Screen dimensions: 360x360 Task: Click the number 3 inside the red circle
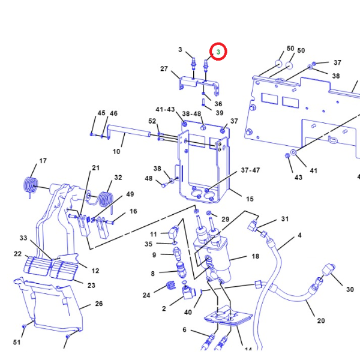[218, 53]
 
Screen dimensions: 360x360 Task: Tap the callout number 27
[164, 69]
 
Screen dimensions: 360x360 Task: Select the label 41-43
[165, 110]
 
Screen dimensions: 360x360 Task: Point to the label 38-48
[191, 113]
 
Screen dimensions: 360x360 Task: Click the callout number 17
[43, 161]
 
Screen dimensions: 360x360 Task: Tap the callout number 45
[101, 113]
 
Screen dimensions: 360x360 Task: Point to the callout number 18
[255, 256]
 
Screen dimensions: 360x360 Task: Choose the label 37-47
[251, 170]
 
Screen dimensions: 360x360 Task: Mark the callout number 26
[99, 304]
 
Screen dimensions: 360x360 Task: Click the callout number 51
[17, 343]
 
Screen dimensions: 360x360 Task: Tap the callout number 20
[320, 320]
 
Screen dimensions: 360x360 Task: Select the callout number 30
[350, 290]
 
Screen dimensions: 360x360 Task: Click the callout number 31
[285, 219]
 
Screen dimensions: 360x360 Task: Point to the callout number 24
[146, 295]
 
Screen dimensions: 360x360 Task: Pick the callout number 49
[130, 194]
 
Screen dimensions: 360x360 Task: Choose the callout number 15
[250, 199]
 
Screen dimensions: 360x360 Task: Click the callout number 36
[218, 104]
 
